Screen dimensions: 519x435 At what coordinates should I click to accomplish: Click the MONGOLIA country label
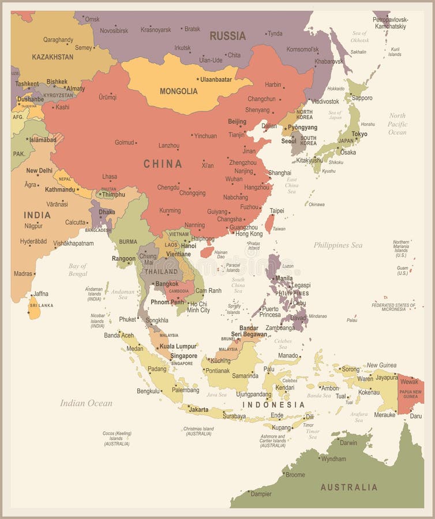click(178, 91)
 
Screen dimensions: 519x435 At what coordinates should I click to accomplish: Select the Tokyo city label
click(359, 134)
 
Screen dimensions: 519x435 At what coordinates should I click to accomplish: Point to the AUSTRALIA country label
click(349, 487)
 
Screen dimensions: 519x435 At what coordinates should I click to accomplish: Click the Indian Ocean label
click(86, 403)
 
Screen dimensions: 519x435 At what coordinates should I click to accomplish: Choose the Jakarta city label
click(198, 409)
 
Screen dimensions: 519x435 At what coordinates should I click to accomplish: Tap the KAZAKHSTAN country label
click(52, 57)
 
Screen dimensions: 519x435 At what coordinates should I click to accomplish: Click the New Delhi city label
click(39, 171)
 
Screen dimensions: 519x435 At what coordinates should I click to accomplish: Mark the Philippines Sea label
click(338, 245)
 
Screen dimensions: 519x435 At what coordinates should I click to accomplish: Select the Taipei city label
click(277, 211)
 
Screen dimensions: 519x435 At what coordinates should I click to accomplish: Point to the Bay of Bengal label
click(77, 269)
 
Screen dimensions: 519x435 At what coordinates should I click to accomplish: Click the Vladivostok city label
click(325, 101)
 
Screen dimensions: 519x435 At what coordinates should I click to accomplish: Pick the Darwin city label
click(348, 443)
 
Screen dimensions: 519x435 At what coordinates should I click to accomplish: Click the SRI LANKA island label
click(42, 305)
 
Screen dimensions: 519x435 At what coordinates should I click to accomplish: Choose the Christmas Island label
click(198, 431)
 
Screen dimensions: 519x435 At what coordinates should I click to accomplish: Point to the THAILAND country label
click(161, 272)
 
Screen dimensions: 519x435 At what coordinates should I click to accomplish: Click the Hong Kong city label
click(249, 234)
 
